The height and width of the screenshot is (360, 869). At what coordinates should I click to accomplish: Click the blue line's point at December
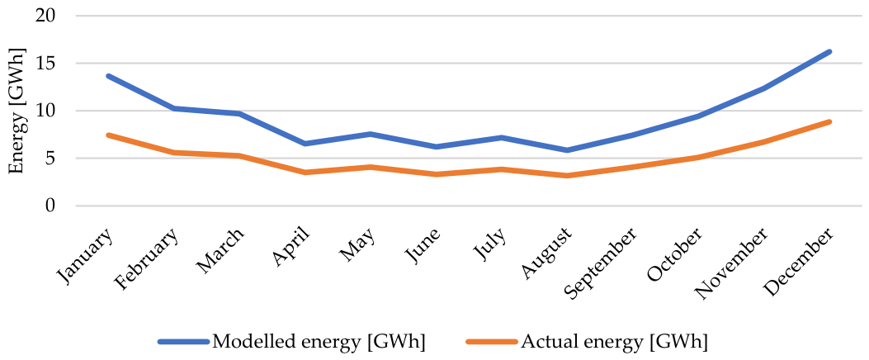coord(829,51)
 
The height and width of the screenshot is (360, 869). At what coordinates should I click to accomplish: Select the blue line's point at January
coord(109,76)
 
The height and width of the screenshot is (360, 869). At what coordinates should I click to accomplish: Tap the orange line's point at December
coord(829,121)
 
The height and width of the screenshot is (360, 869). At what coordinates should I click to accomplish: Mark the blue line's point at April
coord(305,144)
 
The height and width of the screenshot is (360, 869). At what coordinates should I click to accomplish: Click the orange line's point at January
coord(109,135)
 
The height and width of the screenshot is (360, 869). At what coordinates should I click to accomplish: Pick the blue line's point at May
coord(371,135)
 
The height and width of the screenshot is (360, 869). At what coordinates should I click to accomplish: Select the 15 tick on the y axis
coord(46,64)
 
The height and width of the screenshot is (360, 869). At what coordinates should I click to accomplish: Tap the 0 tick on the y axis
coord(51,206)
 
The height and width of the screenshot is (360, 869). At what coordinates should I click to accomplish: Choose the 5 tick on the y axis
coord(51,159)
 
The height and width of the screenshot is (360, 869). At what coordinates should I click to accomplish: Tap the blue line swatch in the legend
coord(183,342)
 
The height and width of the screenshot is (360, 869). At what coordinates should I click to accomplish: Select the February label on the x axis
coord(148,255)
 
